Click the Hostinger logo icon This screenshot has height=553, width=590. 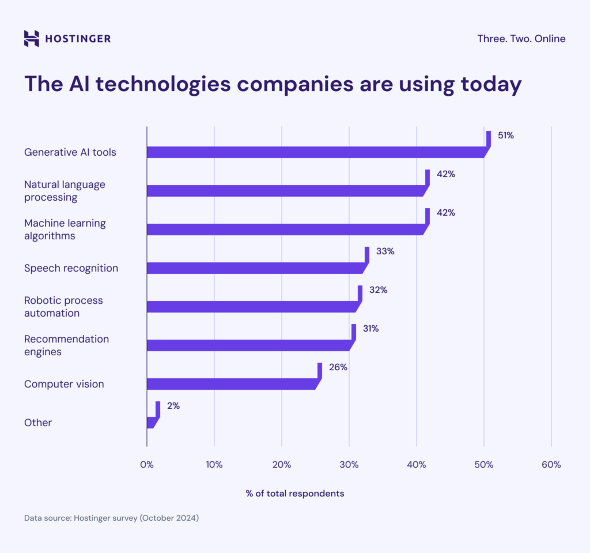tap(32, 39)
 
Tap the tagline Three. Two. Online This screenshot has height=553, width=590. tap(521, 39)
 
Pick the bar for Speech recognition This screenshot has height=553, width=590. tap(256, 268)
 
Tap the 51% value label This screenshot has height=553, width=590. tap(505, 136)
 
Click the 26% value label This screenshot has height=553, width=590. tap(338, 367)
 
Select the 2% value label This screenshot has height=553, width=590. tap(173, 406)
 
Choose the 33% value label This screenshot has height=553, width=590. tap(385, 251)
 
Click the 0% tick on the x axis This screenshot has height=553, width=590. tap(147, 465)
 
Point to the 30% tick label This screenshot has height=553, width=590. tap(349, 465)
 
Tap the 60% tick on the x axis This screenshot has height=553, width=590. tap(551, 465)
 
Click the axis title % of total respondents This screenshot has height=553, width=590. tap(295, 494)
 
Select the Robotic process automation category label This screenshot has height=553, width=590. tap(63, 307)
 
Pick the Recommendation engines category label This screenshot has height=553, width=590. tap(66, 345)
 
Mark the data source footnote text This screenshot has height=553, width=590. tap(111, 518)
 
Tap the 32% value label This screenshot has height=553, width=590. tap(378, 290)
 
